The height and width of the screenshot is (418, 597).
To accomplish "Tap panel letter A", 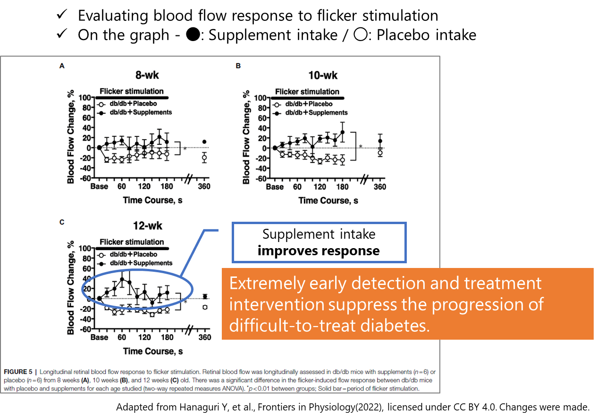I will [62, 67].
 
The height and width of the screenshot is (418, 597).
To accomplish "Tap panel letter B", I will [238, 67].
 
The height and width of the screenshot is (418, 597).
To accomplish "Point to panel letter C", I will [62, 220].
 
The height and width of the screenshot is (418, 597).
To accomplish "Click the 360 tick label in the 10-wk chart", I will [380, 187].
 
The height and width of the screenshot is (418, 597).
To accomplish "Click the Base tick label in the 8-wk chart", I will [99, 187].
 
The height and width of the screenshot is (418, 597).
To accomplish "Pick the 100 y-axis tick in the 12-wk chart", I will [84, 248].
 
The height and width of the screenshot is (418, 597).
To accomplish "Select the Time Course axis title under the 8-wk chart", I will [152, 201].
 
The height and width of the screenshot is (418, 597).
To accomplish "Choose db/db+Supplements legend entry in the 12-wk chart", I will [140, 263].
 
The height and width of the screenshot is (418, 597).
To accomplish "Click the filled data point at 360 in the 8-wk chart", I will [204, 142].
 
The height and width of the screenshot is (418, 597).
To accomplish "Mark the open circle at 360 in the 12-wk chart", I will [205, 307].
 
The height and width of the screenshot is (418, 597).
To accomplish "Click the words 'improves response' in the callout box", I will [319, 251].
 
